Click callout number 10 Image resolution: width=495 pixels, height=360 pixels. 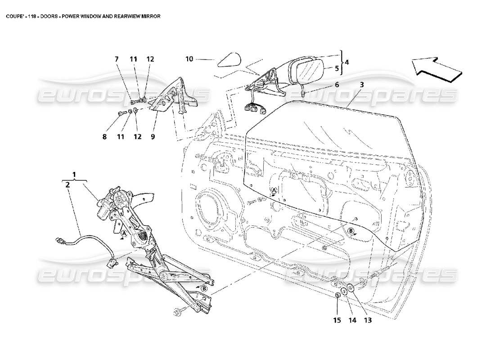[x=189, y=59]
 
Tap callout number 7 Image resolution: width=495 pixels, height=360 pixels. [x=117, y=59]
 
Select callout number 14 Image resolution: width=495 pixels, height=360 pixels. [x=352, y=321]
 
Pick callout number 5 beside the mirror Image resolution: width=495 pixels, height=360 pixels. [x=336, y=69]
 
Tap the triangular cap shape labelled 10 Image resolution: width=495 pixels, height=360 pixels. [x=229, y=59]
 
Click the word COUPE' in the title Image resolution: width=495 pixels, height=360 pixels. [x=14, y=16]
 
